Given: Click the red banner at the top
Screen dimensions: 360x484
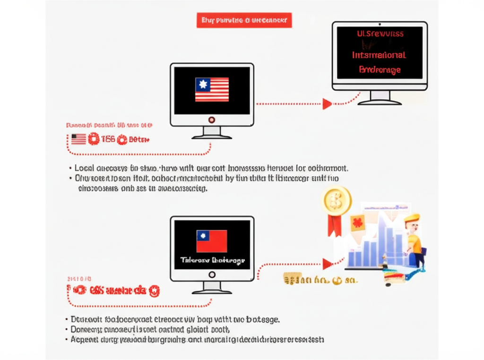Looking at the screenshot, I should (243, 20).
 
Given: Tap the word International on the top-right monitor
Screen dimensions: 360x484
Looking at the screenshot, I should (380, 55).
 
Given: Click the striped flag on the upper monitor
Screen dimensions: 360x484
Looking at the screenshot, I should (212, 89).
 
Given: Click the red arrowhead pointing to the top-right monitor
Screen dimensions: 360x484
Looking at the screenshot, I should (327, 104).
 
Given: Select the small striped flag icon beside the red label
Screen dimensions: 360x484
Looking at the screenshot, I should (78, 139).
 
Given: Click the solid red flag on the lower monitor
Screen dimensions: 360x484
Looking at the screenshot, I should (212, 241).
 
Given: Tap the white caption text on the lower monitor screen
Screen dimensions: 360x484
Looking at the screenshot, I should (212, 260).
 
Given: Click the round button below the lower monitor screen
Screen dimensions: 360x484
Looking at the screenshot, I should (212, 274).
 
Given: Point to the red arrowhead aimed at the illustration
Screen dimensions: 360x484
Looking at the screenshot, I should (327, 264).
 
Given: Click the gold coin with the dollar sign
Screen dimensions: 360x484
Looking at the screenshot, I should (337, 199).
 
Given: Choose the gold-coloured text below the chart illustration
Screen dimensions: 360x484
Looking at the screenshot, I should (319, 280).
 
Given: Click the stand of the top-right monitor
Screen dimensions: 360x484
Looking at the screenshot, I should (380, 97).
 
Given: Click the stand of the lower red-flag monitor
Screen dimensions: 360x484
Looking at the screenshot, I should (212, 288).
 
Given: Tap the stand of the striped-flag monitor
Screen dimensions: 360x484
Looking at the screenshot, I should (212, 133).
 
